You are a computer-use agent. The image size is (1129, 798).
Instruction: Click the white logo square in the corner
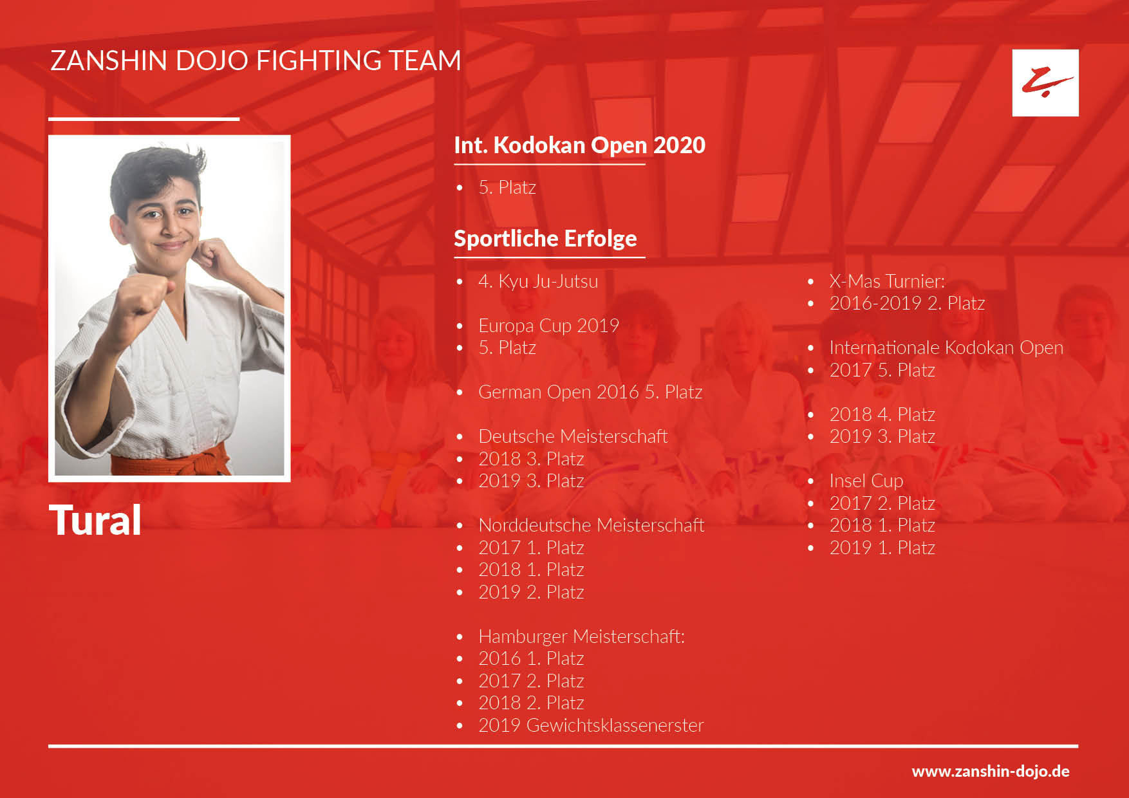tap(1045, 83)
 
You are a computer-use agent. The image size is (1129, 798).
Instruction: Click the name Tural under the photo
tap(95, 520)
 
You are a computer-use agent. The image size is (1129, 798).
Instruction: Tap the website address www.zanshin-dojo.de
tap(991, 771)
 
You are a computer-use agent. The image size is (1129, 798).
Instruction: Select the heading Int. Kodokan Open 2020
tap(579, 145)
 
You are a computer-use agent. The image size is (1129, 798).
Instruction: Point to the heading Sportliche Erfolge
tap(545, 238)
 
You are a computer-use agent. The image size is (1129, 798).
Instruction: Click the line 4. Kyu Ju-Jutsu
tap(538, 281)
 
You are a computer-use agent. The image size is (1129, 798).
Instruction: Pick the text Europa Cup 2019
tap(548, 326)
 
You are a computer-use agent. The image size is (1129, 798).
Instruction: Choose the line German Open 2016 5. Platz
tap(590, 392)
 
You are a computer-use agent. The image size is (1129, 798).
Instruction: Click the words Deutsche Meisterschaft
tap(573, 436)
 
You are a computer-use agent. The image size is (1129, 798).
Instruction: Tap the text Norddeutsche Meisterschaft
tap(591, 525)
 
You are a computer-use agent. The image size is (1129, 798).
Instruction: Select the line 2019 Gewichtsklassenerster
tap(591, 725)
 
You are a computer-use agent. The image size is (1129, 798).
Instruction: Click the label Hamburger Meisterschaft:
tap(581, 636)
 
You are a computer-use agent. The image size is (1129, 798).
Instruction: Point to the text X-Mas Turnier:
tap(887, 281)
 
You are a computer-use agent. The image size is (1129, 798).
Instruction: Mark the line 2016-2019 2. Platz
tap(907, 303)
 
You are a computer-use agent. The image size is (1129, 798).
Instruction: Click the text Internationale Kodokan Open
tap(946, 348)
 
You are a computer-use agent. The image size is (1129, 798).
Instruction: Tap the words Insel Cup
tap(866, 481)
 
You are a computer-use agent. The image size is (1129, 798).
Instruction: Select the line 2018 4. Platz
tap(882, 414)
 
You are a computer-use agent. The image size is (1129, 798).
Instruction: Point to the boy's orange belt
tap(171, 461)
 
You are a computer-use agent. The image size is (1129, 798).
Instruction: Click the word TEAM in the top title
tap(424, 60)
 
